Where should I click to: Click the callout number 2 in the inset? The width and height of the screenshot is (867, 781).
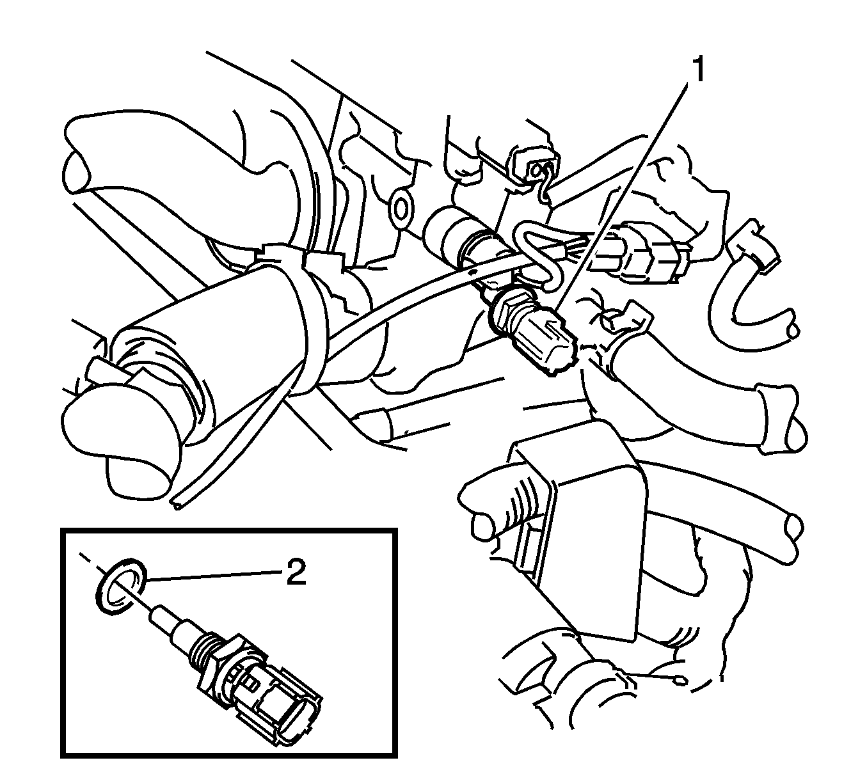click(x=296, y=573)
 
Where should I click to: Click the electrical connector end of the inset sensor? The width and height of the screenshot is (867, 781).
click(x=282, y=710)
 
